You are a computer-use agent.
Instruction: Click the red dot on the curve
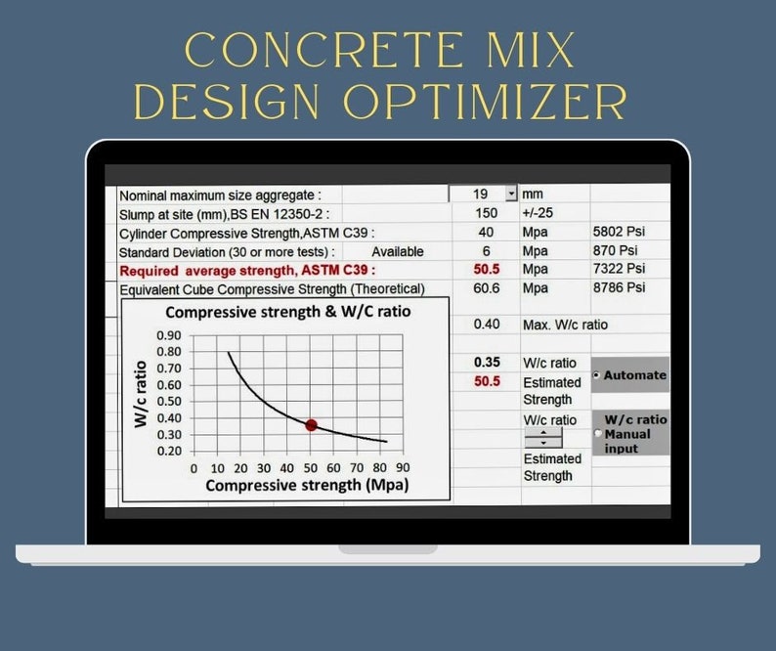coord(311,425)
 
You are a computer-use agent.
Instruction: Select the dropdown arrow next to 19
coord(511,194)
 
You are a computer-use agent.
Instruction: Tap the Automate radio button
coord(597,375)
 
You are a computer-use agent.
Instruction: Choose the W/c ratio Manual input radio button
coord(598,434)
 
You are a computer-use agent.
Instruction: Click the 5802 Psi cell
coord(619,233)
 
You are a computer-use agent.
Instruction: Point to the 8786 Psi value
coord(619,287)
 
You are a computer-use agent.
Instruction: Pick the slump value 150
coord(486,213)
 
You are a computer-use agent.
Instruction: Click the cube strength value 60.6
coord(486,287)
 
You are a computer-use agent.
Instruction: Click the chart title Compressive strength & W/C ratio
coord(287,312)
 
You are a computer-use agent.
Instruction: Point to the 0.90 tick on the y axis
coord(168,335)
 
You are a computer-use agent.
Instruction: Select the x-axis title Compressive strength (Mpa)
coord(307,485)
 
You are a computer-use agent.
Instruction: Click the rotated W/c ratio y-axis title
coord(140,393)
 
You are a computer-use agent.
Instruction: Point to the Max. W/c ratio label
coord(570,325)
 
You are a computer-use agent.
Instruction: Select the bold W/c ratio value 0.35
coord(487,363)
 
